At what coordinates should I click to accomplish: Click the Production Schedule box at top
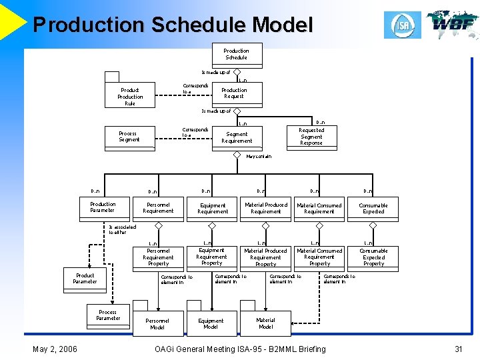pyautogui.click(x=236, y=54)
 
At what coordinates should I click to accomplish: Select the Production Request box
pyautogui.click(x=234, y=93)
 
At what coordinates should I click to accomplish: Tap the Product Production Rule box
pyautogui.click(x=130, y=97)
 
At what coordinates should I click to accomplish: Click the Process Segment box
pyautogui.click(x=129, y=136)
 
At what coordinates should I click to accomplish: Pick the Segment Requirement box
pyautogui.click(x=237, y=137)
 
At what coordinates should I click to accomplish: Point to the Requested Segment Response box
pyautogui.click(x=311, y=137)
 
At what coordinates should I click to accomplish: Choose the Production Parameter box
pyautogui.click(x=103, y=207)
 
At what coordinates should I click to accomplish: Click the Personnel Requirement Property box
pyautogui.click(x=158, y=257)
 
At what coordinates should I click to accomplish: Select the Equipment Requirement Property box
pyautogui.click(x=211, y=257)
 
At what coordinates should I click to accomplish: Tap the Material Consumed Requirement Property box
pyautogui.click(x=319, y=257)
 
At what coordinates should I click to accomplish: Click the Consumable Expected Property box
pyautogui.click(x=373, y=257)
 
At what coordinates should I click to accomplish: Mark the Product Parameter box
pyautogui.click(x=85, y=279)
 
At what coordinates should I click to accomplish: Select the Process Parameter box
pyautogui.click(x=108, y=315)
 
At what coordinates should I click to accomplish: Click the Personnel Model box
pyautogui.click(x=157, y=323)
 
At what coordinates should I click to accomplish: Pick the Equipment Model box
pyautogui.click(x=211, y=323)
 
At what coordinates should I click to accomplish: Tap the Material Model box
pyautogui.click(x=265, y=323)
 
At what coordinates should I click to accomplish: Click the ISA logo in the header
pyautogui.click(x=402, y=25)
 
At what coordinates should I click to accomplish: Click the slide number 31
pyautogui.click(x=458, y=349)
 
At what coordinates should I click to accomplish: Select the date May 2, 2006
pyautogui.click(x=55, y=349)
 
